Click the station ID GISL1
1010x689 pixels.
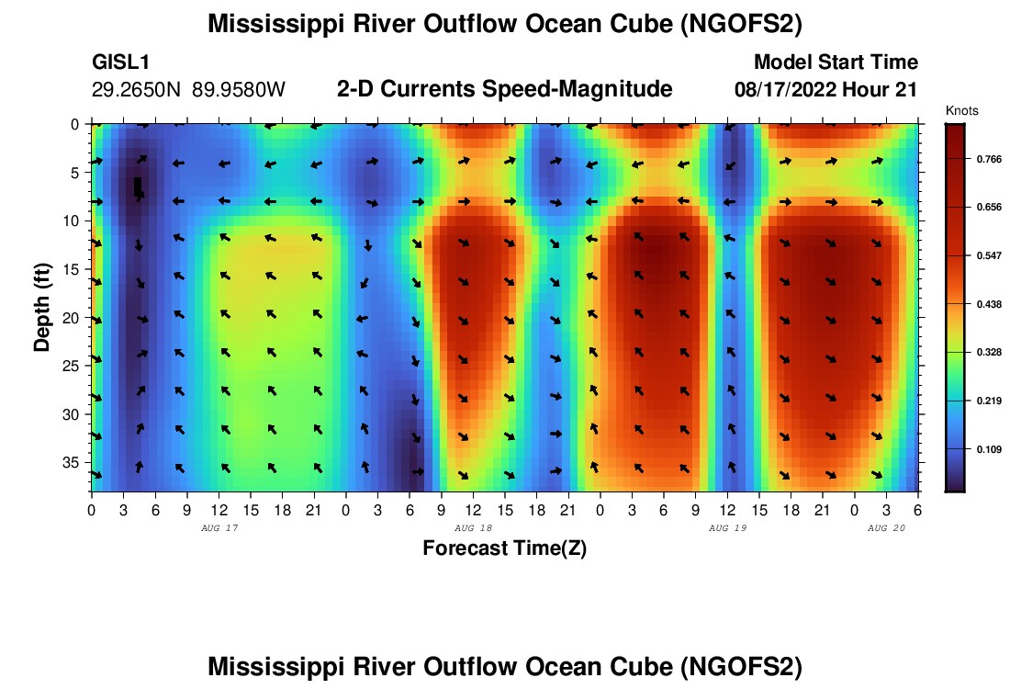[x=121, y=62]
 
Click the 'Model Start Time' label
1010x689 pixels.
[x=836, y=62]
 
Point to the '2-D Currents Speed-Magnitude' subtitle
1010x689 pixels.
[x=505, y=89]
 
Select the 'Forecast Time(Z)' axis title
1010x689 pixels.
[x=504, y=548]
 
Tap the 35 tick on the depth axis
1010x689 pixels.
[x=73, y=461]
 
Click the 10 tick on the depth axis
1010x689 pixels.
[x=73, y=220]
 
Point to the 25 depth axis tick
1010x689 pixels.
[x=73, y=365]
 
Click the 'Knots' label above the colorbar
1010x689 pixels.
[x=961, y=110]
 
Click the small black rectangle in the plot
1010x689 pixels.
[x=138, y=186]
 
